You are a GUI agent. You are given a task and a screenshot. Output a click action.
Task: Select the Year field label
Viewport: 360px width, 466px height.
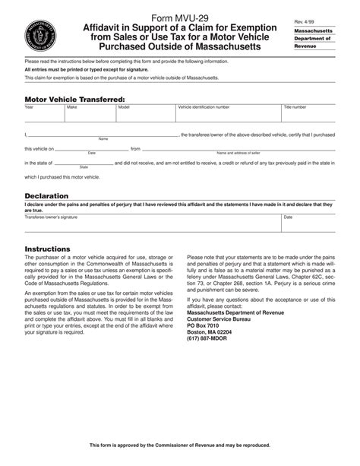pos(30,107)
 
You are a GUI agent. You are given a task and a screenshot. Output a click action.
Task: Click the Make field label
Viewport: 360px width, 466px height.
pos(72,107)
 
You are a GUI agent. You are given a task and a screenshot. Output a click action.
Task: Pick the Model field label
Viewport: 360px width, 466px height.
pos(124,107)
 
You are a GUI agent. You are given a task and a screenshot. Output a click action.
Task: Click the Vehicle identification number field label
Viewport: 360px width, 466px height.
pos(203,107)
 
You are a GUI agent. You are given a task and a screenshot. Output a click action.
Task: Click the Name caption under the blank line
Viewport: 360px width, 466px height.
pos(103,139)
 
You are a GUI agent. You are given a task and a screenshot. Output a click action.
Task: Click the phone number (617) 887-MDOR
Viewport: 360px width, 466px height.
pos(209,339)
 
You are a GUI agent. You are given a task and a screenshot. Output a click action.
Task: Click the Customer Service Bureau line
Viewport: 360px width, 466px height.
pos(219,319)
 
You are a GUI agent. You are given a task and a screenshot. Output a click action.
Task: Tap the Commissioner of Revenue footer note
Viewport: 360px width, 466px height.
pos(179,445)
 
